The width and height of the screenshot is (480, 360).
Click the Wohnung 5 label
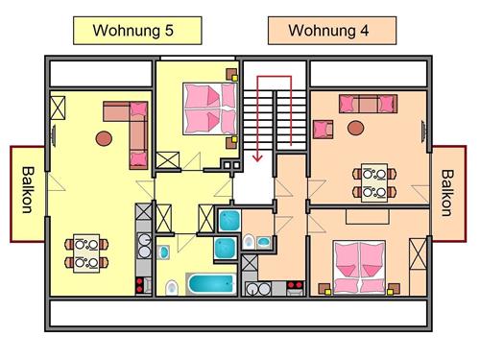(133, 30)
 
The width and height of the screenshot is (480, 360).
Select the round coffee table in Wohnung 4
(356, 127)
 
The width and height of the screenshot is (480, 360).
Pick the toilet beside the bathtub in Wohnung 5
(172, 286)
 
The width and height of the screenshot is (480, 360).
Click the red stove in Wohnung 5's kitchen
(144, 284)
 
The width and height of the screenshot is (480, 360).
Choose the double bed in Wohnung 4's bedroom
(359, 265)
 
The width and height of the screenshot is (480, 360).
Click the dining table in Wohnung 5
(85, 252)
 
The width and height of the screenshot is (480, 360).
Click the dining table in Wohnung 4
(373, 182)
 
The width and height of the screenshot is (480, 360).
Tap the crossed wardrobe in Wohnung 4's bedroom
(417, 256)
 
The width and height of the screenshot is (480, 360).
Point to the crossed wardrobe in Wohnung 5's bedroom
(167, 160)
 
